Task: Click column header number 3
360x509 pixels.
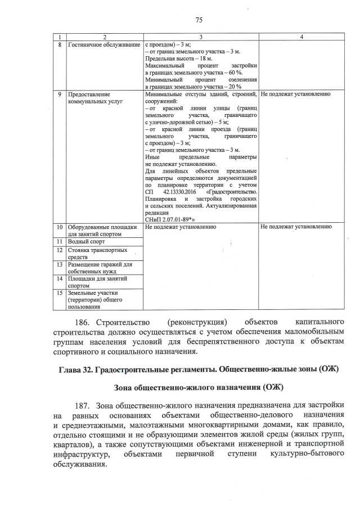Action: click(201, 37)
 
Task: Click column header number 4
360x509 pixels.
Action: click(301, 37)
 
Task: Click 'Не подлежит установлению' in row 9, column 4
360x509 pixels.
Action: click(295, 94)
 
